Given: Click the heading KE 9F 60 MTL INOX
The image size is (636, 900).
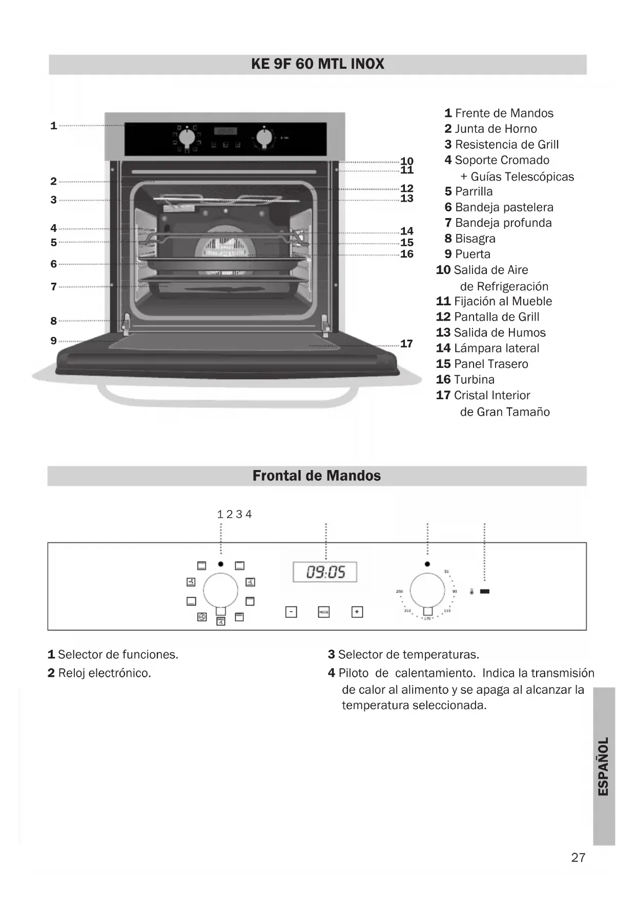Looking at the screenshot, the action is point(317,64).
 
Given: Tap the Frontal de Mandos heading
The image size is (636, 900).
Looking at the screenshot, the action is point(316,476).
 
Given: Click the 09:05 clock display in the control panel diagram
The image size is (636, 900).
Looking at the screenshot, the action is point(325,572).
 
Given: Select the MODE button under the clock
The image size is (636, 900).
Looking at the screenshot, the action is point(324,612).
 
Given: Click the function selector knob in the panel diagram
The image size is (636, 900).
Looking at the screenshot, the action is point(220,590).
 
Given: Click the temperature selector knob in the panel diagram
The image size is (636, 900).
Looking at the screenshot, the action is point(427,590).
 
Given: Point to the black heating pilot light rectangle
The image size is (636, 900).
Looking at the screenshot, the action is point(484,591).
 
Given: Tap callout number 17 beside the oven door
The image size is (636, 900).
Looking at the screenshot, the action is point(406,344).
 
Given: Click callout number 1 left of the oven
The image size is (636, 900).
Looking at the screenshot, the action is point(53,126).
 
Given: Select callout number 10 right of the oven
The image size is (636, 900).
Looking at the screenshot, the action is point(406,161).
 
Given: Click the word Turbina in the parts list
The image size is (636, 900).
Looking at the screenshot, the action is point(474,380).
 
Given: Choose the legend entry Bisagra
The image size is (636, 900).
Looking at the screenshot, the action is point(475,239).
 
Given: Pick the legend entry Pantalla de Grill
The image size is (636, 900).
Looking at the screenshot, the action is point(496,317).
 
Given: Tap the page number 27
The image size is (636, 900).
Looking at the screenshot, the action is point(578,857).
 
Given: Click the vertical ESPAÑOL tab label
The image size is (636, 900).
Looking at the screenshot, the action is point(604,766).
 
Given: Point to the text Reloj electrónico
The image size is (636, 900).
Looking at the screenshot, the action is point(105,673).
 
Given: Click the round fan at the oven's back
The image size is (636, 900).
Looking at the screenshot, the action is point(225,249).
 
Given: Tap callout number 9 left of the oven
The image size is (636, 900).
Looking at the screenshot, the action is point(53,341).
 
